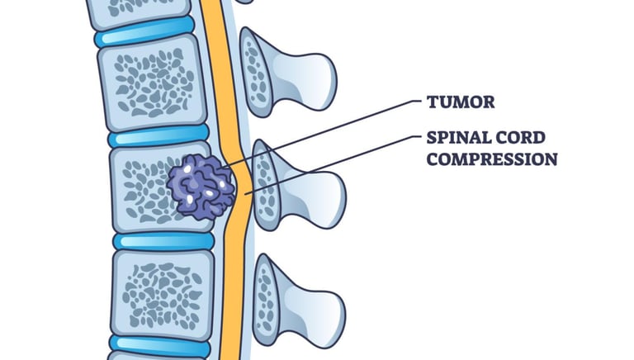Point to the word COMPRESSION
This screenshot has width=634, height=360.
click(492, 158)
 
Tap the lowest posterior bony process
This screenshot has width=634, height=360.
click(293, 301)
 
